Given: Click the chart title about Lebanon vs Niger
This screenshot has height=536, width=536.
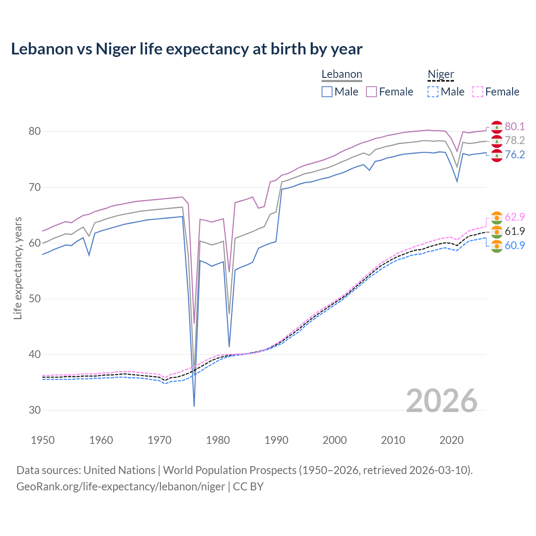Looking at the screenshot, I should (x=186, y=49).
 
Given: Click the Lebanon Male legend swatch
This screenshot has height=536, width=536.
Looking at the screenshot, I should (x=327, y=92).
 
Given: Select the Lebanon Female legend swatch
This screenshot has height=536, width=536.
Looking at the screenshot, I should (x=371, y=92).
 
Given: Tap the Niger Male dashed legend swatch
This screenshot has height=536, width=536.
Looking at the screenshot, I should (x=433, y=92).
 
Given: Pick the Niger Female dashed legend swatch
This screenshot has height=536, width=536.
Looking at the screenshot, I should (x=478, y=92).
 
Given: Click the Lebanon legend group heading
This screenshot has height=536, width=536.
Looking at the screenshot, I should (x=342, y=74).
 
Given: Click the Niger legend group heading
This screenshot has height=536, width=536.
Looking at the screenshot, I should (x=441, y=74).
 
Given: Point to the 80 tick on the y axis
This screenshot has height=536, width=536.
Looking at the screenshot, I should (x=35, y=131).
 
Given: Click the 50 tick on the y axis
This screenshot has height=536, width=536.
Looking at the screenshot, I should (x=35, y=299).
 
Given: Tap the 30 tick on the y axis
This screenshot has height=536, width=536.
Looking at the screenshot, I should (x=35, y=410).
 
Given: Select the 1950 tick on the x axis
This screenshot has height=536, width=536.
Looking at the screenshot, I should (x=43, y=440).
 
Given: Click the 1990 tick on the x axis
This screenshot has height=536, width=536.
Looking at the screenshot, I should (x=276, y=440).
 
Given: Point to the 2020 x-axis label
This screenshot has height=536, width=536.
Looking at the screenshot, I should (x=451, y=440).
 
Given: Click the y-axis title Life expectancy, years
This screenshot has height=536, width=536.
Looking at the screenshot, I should (x=18, y=268).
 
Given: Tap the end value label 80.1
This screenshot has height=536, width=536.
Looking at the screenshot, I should (x=515, y=126).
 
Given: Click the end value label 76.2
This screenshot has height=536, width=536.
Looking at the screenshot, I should (x=515, y=155).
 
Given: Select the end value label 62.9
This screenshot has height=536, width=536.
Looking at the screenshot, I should (x=515, y=217).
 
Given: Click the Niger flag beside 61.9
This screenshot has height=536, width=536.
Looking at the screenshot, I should (x=497, y=232).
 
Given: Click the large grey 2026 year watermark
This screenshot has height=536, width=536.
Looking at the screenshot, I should (x=442, y=401).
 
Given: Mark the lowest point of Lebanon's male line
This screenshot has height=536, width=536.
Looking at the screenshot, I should (x=194, y=406).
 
